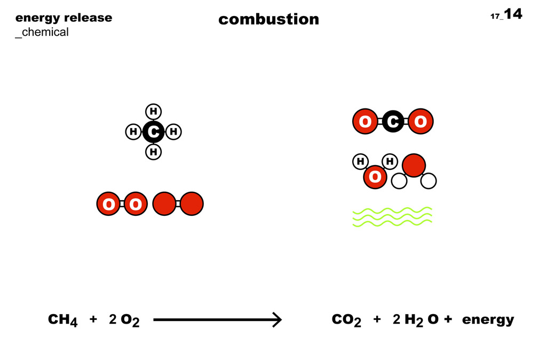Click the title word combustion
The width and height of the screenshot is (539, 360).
pyautogui.click(x=268, y=19)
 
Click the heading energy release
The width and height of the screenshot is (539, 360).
pyautogui.click(x=64, y=18)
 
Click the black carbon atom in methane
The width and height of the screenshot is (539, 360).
pyautogui.click(x=154, y=131)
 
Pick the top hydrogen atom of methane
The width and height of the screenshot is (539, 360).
pyautogui.click(x=154, y=111)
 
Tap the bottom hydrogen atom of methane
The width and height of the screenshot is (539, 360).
pyautogui.click(x=154, y=152)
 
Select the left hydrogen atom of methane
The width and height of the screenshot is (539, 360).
pyautogui.click(x=133, y=131)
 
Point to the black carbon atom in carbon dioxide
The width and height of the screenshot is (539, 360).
pyautogui.click(x=393, y=122)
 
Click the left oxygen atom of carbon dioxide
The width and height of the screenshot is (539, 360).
pyautogui.click(x=366, y=122)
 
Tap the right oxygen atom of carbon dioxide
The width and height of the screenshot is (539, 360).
pyautogui.click(x=420, y=122)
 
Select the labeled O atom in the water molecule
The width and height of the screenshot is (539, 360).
pyautogui.click(x=375, y=177)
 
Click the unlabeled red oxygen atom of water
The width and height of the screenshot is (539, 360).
pyautogui.click(x=414, y=166)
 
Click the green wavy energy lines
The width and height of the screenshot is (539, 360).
pyautogui.click(x=392, y=216)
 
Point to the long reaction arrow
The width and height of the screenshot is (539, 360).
pyautogui.click(x=217, y=320)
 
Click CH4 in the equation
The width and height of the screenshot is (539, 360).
pyautogui.click(x=63, y=320)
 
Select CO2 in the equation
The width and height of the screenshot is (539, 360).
pyautogui.click(x=346, y=320)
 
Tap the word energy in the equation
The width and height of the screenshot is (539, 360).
pyautogui.click(x=488, y=320)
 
